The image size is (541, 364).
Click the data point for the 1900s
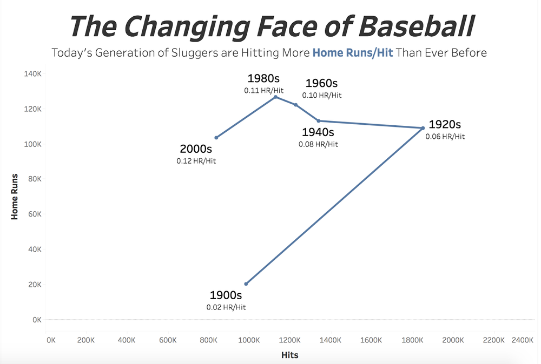[x=246, y=284]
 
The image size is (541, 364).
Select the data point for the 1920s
[x=423, y=128]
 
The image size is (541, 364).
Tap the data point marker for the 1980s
[x=275, y=97]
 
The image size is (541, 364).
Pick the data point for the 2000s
[x=216, y=137]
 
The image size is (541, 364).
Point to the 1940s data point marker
[x=319, y=120]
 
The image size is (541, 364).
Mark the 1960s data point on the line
[x=295, y=105]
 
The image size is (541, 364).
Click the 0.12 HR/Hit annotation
[x=196, y=161]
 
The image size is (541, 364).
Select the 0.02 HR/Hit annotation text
[x=226, y=307]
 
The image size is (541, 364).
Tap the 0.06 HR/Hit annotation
[x=445, y=137]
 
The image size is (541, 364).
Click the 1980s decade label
[x=263, y=79]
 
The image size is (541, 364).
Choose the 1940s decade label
[x=318, y=132]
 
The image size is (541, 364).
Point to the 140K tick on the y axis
[x=32, y=73]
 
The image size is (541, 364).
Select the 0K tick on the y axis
[x=36, y=319]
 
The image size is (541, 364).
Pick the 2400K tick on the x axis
[x=522, y=340]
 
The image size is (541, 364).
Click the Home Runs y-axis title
[x=15, y=196]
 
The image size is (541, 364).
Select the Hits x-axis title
[x=289, y=355]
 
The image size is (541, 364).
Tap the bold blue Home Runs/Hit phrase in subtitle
[x=353, y=53]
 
